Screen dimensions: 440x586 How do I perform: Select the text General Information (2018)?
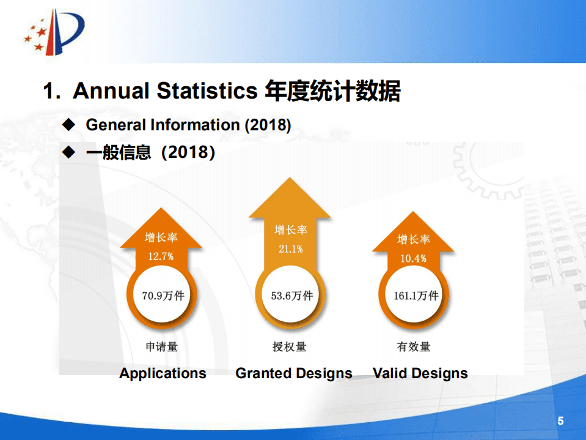[x=188, y=125]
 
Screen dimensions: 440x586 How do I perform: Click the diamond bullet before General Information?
[x=69, y=125]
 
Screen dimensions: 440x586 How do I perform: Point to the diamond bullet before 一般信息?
[x=69, y=152]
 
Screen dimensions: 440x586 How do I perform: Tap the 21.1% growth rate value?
[x=290, y=249]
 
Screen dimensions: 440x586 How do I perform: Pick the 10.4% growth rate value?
[x=413, y=258]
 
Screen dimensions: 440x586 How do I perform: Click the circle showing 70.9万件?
[x=162, y=296]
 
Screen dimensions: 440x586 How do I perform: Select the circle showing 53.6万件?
[x=291, y=296]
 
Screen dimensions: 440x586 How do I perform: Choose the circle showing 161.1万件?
[x=416, y=296]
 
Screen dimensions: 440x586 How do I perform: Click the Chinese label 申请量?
[x=161, y=346]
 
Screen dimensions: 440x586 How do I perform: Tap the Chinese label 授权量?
[x=290, y=346]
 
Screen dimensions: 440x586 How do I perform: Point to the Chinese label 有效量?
[x=414, y=346]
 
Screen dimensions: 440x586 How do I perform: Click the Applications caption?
[x=163, y=373]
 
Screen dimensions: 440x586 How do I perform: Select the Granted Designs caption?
[x=294, y=373]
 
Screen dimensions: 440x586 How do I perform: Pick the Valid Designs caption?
[x=420, y=373]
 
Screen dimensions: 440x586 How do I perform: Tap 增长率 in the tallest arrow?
[x=290, y=230]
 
